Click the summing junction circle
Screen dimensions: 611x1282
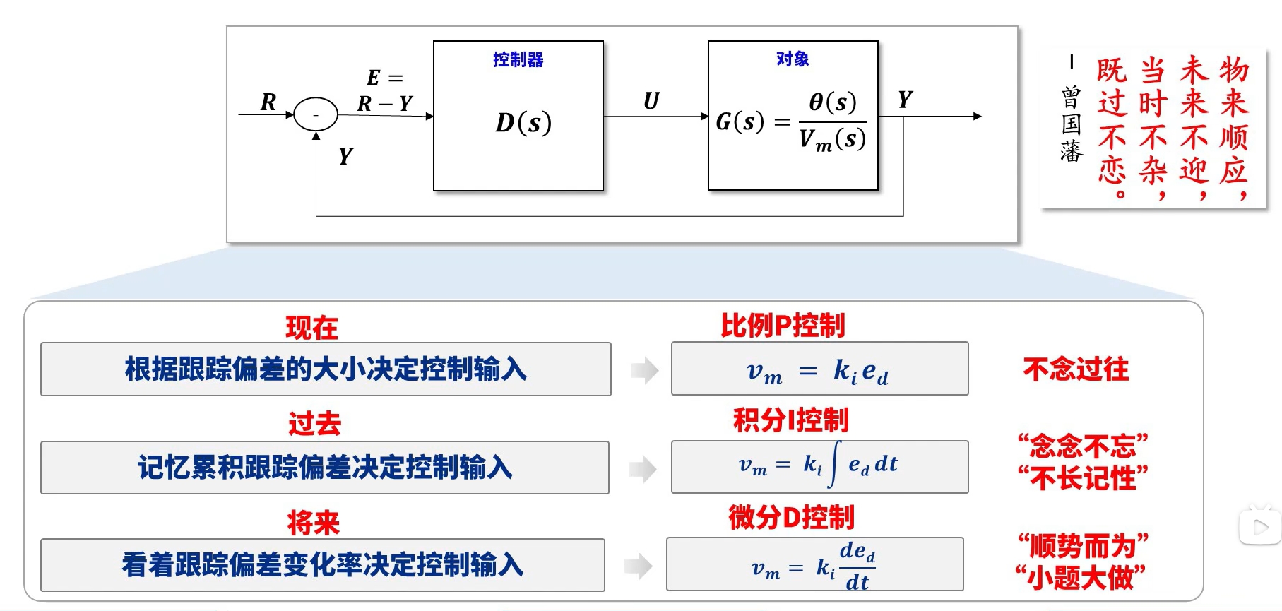coord(315,114)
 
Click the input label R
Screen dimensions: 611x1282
coord(268,102)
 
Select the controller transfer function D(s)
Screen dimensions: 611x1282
coord(523,123)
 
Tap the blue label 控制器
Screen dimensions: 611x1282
coord(518,59)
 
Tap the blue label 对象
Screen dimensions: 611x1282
coord(793,59)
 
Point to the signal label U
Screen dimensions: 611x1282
coord(651,101)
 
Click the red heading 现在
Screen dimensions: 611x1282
coord(311,328)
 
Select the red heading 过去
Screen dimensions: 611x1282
coord(314,424)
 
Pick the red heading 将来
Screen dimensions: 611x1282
coord(313,523)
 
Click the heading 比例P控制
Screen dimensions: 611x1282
coord(783,326)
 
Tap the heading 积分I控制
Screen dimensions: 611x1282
coord(790,420)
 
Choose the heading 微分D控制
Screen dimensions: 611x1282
coord(791,517)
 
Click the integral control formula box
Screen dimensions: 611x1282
coord(819,466)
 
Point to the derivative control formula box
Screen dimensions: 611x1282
coord(814,564)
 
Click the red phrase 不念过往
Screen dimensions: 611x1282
coord(1076,369)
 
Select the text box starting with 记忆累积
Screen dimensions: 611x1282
coord(325,468)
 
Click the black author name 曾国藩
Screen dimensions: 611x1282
coord(1071,124)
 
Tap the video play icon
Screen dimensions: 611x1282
coord(1260,527)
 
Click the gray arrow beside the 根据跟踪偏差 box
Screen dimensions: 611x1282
coord(643,370)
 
